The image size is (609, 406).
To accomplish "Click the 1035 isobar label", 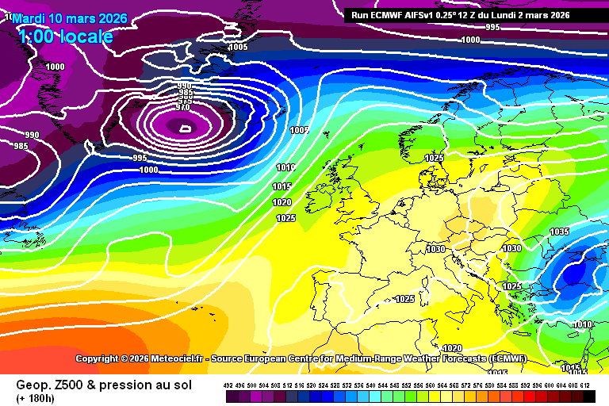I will coord(559,232).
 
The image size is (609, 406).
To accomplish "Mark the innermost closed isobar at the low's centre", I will coord(185,127).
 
